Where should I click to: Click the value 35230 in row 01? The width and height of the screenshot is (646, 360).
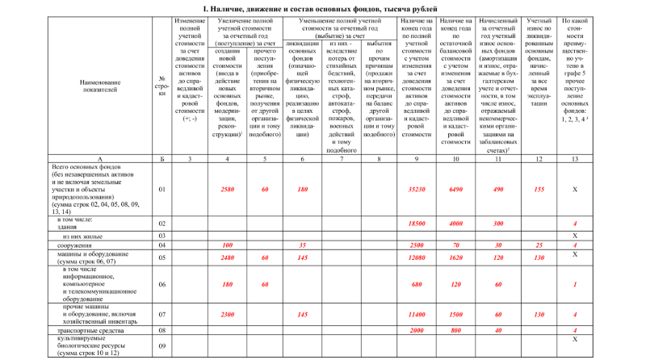coord(417,189)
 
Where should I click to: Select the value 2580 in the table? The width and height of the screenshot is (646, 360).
coord(227,189)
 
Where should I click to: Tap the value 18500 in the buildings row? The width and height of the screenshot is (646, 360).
coord(417,222)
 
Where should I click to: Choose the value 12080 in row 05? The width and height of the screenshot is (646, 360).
coord(417,257)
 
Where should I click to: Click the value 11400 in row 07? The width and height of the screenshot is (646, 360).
coord(417,314)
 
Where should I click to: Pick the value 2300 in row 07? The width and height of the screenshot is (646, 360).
coord(227,314)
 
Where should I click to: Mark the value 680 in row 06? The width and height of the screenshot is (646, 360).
coord(417,285)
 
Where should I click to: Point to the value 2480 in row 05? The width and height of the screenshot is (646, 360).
coord(227,257)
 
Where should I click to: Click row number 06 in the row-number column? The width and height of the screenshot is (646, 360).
coord(161,285)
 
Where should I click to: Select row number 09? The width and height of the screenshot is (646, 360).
coord(161,346)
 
